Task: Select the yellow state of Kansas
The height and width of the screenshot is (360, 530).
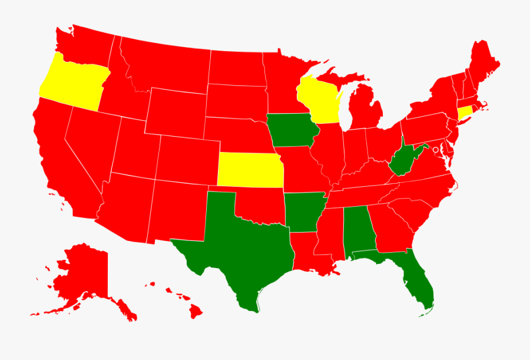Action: pyautogui.click(x=250, y=169)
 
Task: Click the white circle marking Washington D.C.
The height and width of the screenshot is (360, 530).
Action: pyautogui.click(x=435, y=150)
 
